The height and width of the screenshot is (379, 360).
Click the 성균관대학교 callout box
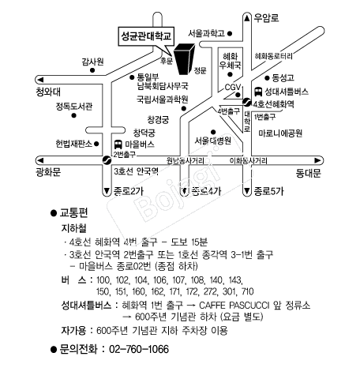tap(146, 36)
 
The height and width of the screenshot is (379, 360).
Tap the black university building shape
tap(185, 58)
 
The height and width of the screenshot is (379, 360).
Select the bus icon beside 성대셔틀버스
tap(258, 92)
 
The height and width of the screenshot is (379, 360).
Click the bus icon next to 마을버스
tap(118, 144)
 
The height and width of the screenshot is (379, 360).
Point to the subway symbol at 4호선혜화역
tap(247, 102)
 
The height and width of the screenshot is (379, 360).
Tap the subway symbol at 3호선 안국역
tap(107, 160)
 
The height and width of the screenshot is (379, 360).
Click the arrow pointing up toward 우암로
tap(247, 18)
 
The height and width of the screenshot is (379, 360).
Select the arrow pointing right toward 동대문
tap(317, 160)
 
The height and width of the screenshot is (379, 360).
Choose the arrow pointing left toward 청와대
tap(40, 80)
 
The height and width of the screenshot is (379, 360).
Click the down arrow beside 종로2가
tap(107, 191)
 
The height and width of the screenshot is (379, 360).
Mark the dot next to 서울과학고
tap(230, 33)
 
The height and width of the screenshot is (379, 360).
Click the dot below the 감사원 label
tap(92, 70)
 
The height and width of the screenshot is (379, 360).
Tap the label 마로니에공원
tap(280, 133)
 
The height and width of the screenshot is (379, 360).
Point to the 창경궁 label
tap(158, 120)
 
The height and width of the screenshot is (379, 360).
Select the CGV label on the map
tap(233, 87)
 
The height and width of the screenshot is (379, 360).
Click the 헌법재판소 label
tap(74, 144)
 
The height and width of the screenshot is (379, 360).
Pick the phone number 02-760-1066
tap(139, 349)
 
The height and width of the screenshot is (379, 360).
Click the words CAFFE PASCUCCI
tap(234, 306)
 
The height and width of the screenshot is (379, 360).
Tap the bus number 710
tap(247, 291)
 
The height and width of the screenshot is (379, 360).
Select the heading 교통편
tap(74, 212)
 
